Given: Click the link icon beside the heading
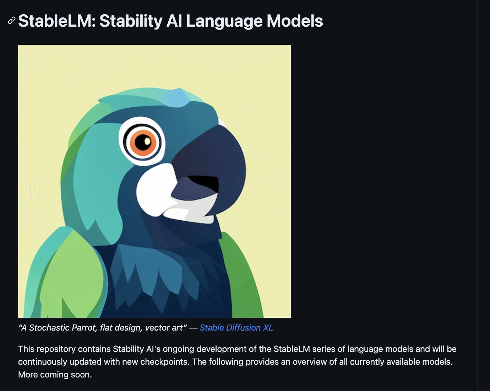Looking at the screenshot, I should point(11,21).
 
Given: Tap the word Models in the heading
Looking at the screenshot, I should point(295,21).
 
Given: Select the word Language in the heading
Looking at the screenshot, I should point(224,21).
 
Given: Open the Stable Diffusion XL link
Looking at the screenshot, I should point(236,328).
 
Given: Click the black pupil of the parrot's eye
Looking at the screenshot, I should point(142,142).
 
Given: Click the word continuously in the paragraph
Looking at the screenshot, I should point(43,362).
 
